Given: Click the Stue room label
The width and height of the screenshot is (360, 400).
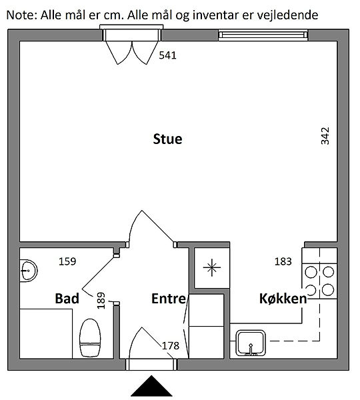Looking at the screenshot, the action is pyautogui.click(x=167, y=139).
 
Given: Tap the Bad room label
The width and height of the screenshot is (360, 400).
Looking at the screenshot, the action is pyautogui.click(x=67, y=299).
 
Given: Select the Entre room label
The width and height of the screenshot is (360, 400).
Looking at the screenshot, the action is pyautogui.click(x=169, y=299).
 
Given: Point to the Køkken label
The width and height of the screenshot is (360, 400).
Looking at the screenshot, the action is pyautogui.click(x=283, y=299).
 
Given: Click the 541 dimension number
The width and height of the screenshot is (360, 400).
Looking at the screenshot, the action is pyautogui.click(x=167, y=55).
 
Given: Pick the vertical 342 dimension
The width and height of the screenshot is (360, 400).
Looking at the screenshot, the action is pyautogui.click(x=325, y=136).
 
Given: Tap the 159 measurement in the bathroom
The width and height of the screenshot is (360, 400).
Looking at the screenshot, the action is pyautogui.click(x=67, y=261).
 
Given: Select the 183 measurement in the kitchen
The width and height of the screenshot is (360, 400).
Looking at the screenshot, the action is pyautogui.click(x=283, y=261).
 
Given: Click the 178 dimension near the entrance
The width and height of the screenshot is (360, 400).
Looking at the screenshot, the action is pyautogui.click(x=171, y=346).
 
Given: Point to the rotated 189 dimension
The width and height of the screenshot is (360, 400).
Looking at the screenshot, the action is pyautogui.click(x=101, y=301).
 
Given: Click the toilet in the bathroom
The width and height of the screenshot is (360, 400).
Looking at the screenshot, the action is pyautogui.click(x=90, y=338).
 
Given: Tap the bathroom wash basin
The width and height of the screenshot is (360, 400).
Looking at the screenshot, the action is pyautogui.click(x=28, y=271).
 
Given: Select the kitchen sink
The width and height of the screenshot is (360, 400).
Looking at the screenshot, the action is pyautogui.click(x=250, y=343).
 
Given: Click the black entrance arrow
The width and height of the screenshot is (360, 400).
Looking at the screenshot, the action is pyautogui.click(x=151, y=386).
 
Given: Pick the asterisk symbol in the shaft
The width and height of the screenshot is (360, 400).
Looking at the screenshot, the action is pyautogui.click(x=212, y=267).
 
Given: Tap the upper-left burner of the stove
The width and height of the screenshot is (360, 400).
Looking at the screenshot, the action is pyautogui.click(x=311, y=272).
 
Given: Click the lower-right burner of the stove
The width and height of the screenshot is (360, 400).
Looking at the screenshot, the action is pyautogui.click(x=328, y=290).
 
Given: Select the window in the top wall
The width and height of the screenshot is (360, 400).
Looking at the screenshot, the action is pyautogui.click(x=263, y=35).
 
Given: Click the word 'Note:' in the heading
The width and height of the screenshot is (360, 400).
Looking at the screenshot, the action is pyautogui.click(x=22, y=15).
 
